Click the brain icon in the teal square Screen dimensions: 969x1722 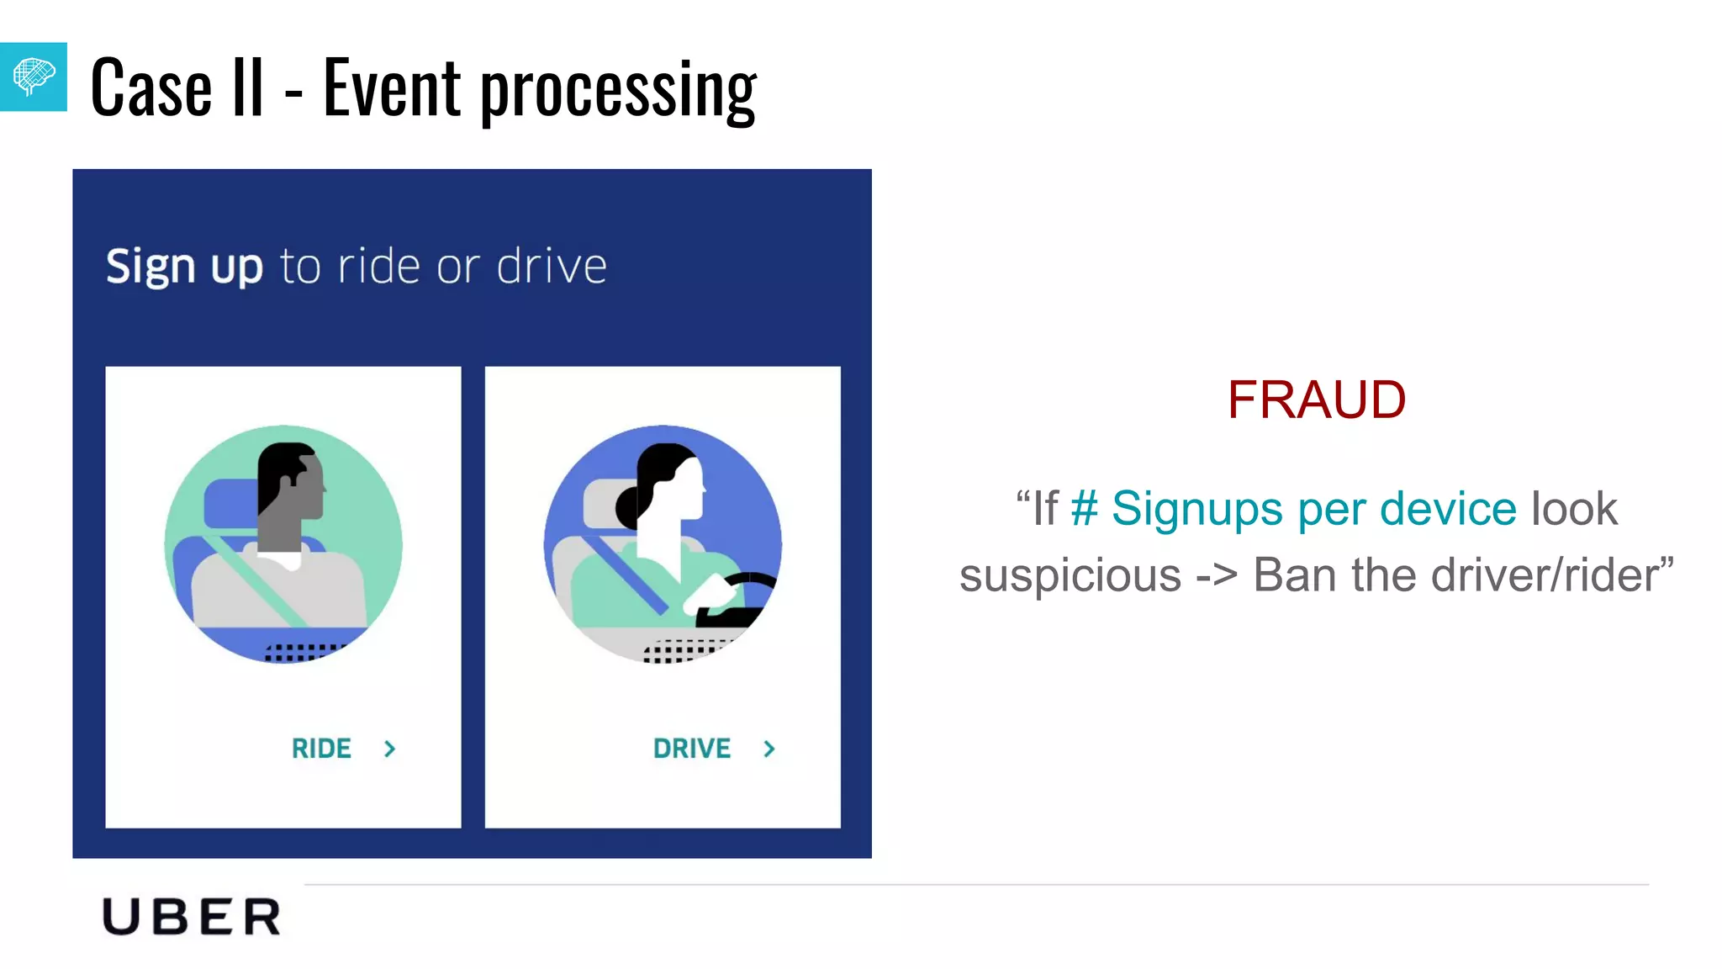34,77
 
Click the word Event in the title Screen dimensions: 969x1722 392,87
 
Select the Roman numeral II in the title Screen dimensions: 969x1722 247,87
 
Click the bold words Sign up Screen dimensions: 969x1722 184,267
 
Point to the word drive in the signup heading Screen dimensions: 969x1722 552,267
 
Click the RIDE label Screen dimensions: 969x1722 321,749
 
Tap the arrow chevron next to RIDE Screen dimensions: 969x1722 389,749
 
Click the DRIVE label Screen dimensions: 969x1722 692,749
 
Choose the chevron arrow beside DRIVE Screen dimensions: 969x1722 769,749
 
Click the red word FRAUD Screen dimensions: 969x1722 1316,400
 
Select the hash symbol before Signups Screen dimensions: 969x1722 1085,509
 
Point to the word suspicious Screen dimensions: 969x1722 1070,576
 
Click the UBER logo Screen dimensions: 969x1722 192,917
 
